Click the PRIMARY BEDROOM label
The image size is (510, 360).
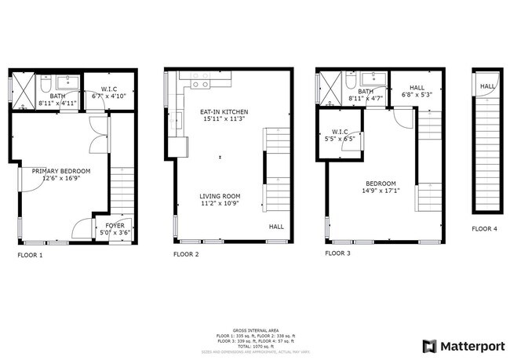pyautogui.click(x=61, y=171)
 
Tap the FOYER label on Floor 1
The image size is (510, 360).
pyautogui.click(x=104, y=225)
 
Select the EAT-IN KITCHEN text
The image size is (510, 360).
pyautogui.click(x=224, y=112)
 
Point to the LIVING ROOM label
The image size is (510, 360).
pyautogui.click(x=220, y=196)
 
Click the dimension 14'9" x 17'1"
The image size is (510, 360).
pyautogui.click(x=379, y=191)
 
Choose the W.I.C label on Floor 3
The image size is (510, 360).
pyautogui.click(x=340, y=132)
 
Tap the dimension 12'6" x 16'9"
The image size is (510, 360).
pyautogui.click(x=61, y=179)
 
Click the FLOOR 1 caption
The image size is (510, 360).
pyautogui.click(x=30, y=255)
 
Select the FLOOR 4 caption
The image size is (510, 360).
pyautogui.click(x=484, y=229)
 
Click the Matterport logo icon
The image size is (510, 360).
pyautogui.click(x=430, y=346)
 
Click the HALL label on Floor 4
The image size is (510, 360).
pyautogui.click(x=487, y=86)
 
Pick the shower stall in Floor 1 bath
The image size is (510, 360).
pyautogui.click(x=24, y=91)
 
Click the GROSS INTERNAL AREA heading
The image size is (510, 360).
pyautogui.click(x=255, y=330)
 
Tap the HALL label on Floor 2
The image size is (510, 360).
pyautogui.click(x=277, y=227)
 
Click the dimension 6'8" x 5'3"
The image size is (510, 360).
pyautogui.click(x=406, y=95)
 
